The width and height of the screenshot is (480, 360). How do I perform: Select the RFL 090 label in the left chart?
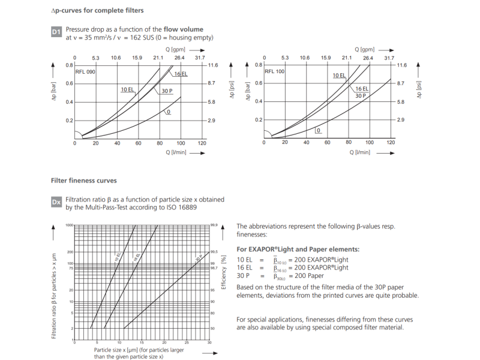(86, 72)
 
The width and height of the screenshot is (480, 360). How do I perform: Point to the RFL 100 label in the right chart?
(275, 72)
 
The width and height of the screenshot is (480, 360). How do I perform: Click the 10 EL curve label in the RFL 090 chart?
(128, 89)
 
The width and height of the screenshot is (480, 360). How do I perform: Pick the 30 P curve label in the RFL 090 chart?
(167, 91)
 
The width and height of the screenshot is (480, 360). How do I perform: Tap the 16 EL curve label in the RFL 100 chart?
(362, 89)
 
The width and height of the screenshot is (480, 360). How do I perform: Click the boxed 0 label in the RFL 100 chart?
(319, 130)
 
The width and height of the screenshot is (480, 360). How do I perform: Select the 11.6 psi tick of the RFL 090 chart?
(213, 65)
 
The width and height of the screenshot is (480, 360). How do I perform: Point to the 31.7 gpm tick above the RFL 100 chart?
(389, 58)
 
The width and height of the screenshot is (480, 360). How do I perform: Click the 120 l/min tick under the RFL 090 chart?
(202, 143)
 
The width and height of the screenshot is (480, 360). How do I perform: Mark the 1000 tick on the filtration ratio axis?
(69, 225)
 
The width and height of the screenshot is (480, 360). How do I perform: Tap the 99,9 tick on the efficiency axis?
(214, 225)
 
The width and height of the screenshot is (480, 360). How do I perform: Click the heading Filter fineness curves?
(83, 180)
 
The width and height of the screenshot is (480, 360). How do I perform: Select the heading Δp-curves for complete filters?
(97, 11)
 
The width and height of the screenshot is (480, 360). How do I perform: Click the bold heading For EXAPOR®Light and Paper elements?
(298, 248)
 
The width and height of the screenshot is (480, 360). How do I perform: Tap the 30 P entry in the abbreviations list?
(244, 276)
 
